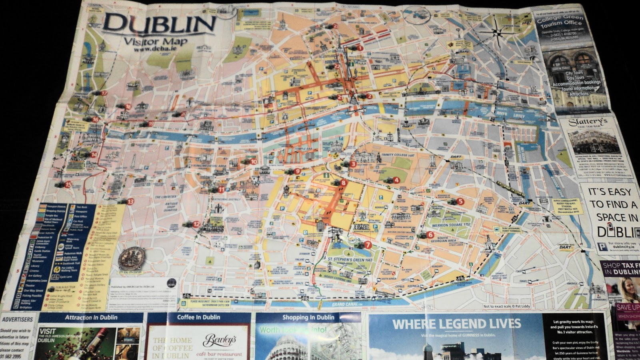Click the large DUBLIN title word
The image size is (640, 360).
[x=159, y=24]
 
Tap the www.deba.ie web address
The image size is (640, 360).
[x=154, y=50]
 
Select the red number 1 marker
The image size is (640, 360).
[x=360, y=48]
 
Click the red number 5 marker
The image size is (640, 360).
[x=460, y=202]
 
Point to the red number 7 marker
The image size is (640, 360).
[x=368, y=245]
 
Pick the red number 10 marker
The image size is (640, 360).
[x=254, y=162]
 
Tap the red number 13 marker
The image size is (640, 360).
[x=130, y=202]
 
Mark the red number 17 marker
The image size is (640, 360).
[x=104, y=93]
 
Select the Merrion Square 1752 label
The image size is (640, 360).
[x=451, y=225]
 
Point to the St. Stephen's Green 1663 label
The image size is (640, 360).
[x=350, y=260]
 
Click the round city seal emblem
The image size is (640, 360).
[x=132, y=258]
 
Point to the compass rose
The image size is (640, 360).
[x=496, y=31]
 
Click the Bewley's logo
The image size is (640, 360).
[x=219, y=340]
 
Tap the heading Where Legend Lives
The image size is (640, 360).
[x=456, y=324]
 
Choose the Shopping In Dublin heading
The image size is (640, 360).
[x=308, y=318]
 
